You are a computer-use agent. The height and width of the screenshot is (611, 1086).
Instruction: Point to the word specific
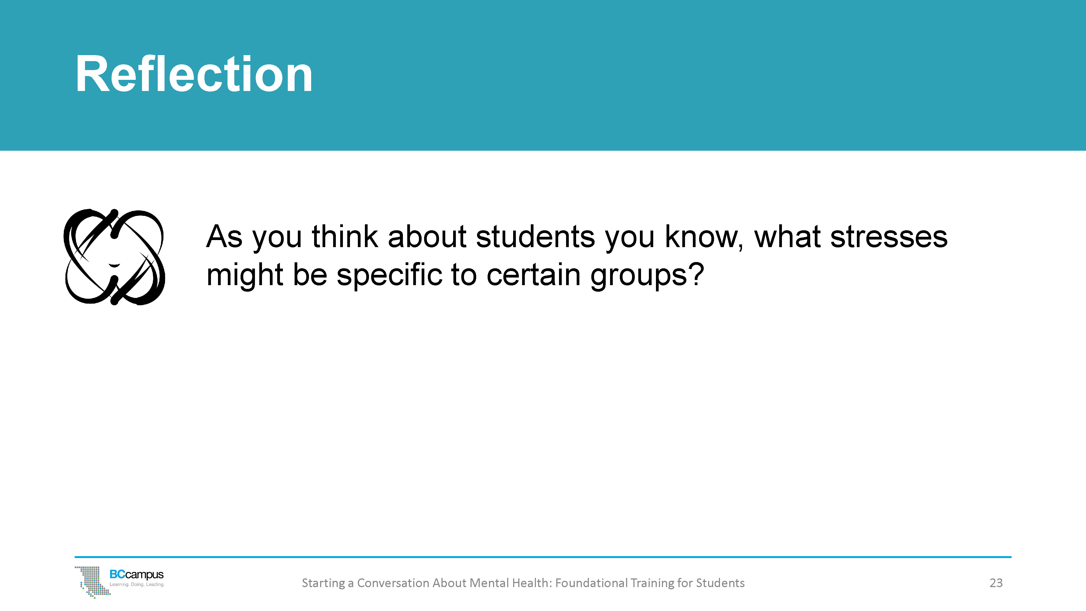pos(390,275)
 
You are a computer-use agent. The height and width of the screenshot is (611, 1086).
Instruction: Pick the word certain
pos(533,275)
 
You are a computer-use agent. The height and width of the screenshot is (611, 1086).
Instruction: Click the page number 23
pos(996,583)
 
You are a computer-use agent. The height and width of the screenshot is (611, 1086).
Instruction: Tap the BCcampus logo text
pos(136,574)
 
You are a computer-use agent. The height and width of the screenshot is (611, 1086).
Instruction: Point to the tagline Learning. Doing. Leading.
pos(137,584)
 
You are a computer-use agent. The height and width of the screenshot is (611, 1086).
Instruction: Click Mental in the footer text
pos(489,583)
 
